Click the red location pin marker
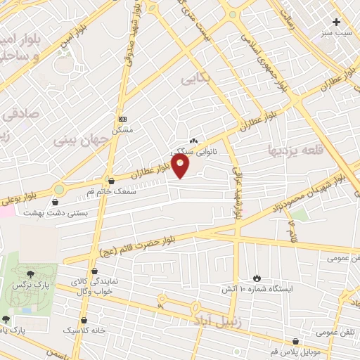(x=181, y=165)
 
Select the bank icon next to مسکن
(x=122, y=119)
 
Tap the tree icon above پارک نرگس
(x=30, y=274)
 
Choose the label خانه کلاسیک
(x=84, y=329)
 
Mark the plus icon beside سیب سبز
(x=336, y=22)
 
